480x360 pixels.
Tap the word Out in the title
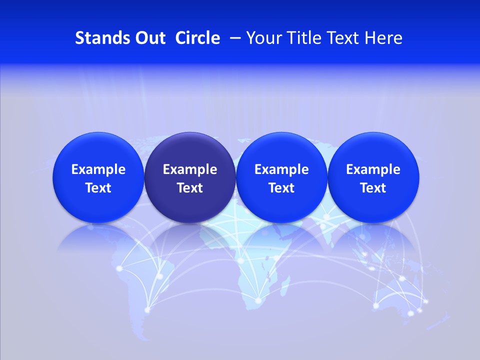(149, 38)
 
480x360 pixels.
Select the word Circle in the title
(197, 38)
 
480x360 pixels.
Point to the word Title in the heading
(301, 38)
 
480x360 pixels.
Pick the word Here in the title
(384, 38)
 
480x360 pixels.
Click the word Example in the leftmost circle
(98, 169)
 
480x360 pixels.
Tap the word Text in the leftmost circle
(98, 188)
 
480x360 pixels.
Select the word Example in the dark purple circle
(190, 169)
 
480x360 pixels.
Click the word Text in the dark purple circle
(190, 188)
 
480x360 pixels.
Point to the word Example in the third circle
(281, 169)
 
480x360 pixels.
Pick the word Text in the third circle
(281, 188)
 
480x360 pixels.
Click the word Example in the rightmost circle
(373, 169)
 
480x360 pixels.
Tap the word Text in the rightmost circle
(373, 188)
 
